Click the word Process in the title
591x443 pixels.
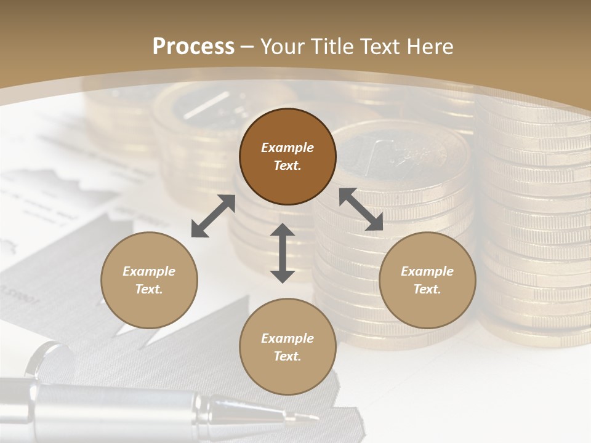point(193,47)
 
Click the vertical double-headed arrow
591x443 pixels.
point(283,253)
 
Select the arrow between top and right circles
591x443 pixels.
point(361,209)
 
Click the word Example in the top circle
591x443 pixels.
point(287,148)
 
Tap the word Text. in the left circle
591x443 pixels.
point(149,289)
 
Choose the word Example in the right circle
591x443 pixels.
point(427,271)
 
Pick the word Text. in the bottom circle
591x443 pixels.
point(287,356)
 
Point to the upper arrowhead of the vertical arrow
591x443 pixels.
point(283,230)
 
